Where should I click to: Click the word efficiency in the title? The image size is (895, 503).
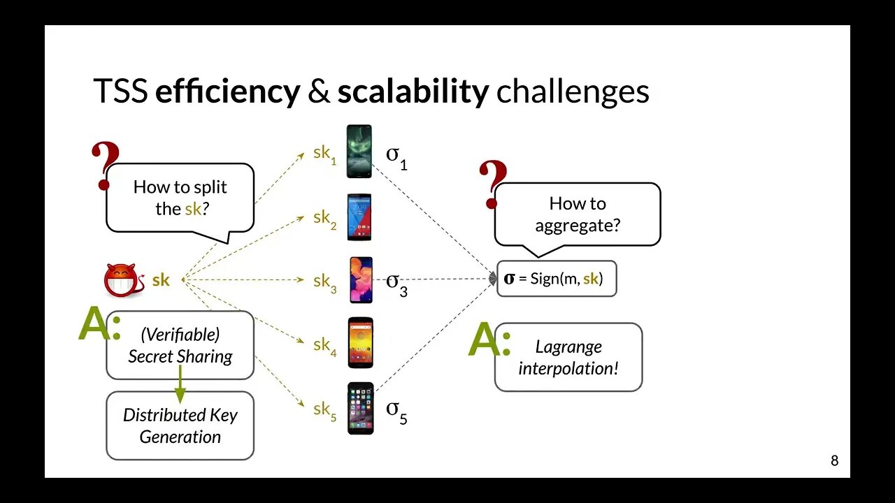tap(227, 92)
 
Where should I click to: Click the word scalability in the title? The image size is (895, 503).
tap(413, 92)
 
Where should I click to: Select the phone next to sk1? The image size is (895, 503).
tap(360, 152)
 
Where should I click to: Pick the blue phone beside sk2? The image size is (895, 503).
tap(360, 217)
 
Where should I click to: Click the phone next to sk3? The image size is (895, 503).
tap(361, 280)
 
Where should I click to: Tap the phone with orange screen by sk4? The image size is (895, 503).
tap(360, 343)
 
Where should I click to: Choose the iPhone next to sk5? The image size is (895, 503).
tap(361, 408)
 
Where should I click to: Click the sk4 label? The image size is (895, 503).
tap(324, 346)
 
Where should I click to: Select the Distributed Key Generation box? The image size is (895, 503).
tap(180, 425)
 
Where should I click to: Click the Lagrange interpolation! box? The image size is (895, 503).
tap(568, 357)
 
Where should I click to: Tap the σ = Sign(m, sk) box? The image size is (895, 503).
tap(557, 279)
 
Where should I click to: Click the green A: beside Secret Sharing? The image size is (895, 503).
tap(99, 324)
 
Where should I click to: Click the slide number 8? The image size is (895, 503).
tap(834, 461)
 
